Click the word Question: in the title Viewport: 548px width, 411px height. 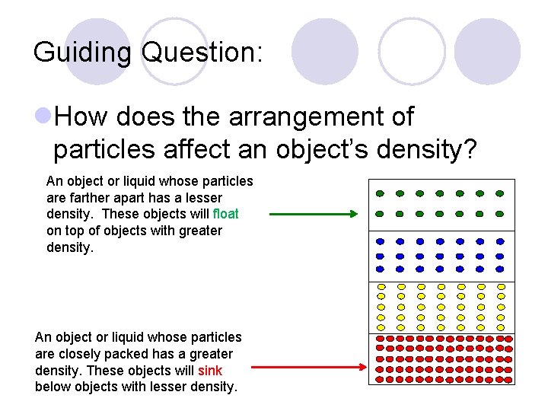(x=202, y=52)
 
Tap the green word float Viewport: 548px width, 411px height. (x=226, y=214)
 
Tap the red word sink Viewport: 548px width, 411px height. (x=210, y=370)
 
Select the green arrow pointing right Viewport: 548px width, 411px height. (x=312, y=215)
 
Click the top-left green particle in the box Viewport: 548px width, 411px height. (x=380, y=193)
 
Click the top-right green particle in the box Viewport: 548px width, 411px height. (x=499, y=193)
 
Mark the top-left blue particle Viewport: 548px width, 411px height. (x=380, y=242)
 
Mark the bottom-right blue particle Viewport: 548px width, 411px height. (x=499, y=269)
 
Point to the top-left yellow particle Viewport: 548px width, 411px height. (x=381, y=288)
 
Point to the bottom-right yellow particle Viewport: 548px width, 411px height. (x=501, y=327)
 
